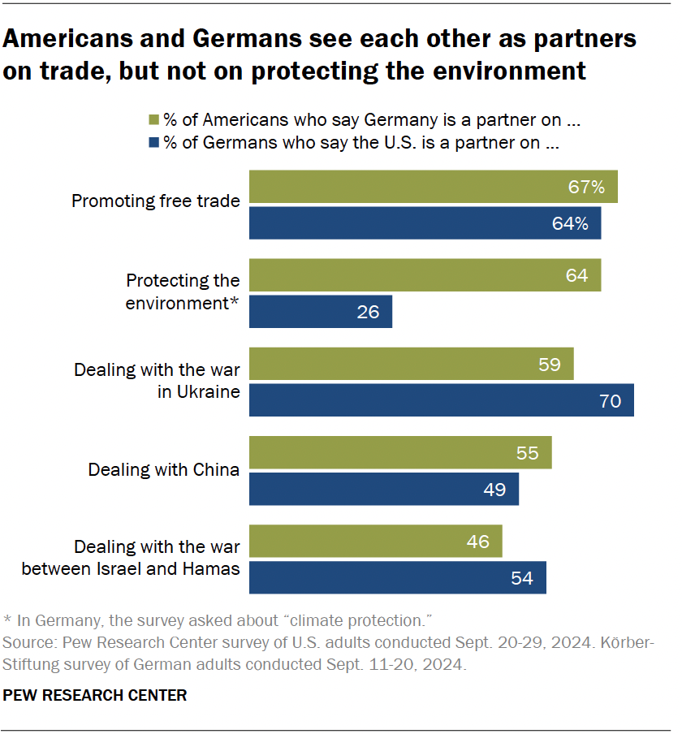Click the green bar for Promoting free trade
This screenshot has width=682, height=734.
(433, 187)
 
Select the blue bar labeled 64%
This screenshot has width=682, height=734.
(425, 222)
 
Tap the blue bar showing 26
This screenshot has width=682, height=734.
(320, 311)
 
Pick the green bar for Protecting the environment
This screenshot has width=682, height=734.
(425, 275)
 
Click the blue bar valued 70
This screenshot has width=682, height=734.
(441, 400)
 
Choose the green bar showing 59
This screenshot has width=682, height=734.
(411, 364)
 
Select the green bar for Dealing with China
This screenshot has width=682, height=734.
(399, 452)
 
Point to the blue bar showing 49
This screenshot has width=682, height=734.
(383, 489)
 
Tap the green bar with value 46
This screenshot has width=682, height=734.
(375, 541)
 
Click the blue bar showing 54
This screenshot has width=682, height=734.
(397, 577)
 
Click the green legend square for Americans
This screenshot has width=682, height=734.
(153, 120)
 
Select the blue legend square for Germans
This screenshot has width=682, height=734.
(153, 144)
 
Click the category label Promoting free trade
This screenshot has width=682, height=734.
(156, 201)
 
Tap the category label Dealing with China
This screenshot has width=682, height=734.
(163, 469)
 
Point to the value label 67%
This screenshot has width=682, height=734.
(586, 188)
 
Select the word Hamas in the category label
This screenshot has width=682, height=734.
(214, 568)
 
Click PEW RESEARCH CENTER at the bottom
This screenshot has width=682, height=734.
(95, 695)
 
